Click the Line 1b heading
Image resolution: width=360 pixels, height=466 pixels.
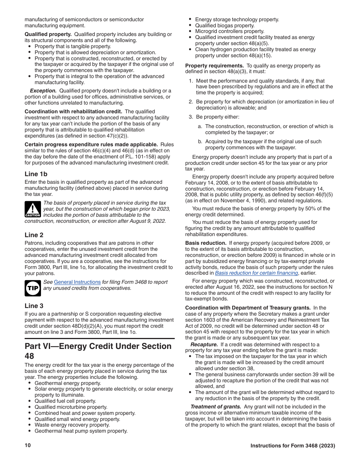coord(36,174)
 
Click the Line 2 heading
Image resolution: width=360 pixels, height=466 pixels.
coord(34,235)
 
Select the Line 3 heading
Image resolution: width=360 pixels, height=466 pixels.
coord(34,306)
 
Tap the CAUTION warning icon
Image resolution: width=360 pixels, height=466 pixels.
coord(33,209)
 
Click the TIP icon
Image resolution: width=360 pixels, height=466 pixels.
coord(33,288)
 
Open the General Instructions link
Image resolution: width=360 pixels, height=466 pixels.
coord(77,282)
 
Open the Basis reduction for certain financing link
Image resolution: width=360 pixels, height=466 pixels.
coord(257,273)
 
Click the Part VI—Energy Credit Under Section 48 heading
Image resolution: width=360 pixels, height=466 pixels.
coord(98,351)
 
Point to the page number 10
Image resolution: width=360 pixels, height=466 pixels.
coord(28,446)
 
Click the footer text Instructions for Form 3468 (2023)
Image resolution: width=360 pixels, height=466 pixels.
coord(293,446)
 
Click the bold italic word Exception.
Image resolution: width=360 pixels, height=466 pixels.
coord(43,91)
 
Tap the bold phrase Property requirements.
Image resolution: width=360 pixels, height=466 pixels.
coord(214,66)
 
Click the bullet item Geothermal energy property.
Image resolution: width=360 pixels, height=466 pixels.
coord(68,383)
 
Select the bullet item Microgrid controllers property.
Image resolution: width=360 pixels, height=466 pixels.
coord(230,31)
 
